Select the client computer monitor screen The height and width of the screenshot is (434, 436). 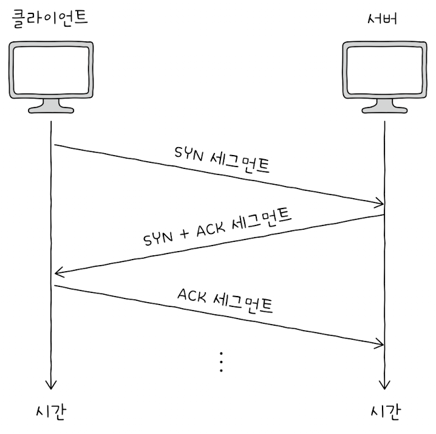52,70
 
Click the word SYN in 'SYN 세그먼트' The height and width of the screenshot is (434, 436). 189,154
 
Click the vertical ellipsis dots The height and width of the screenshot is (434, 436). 221,362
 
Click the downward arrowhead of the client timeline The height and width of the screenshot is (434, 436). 51,385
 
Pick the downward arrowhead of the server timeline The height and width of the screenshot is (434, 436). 384,385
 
